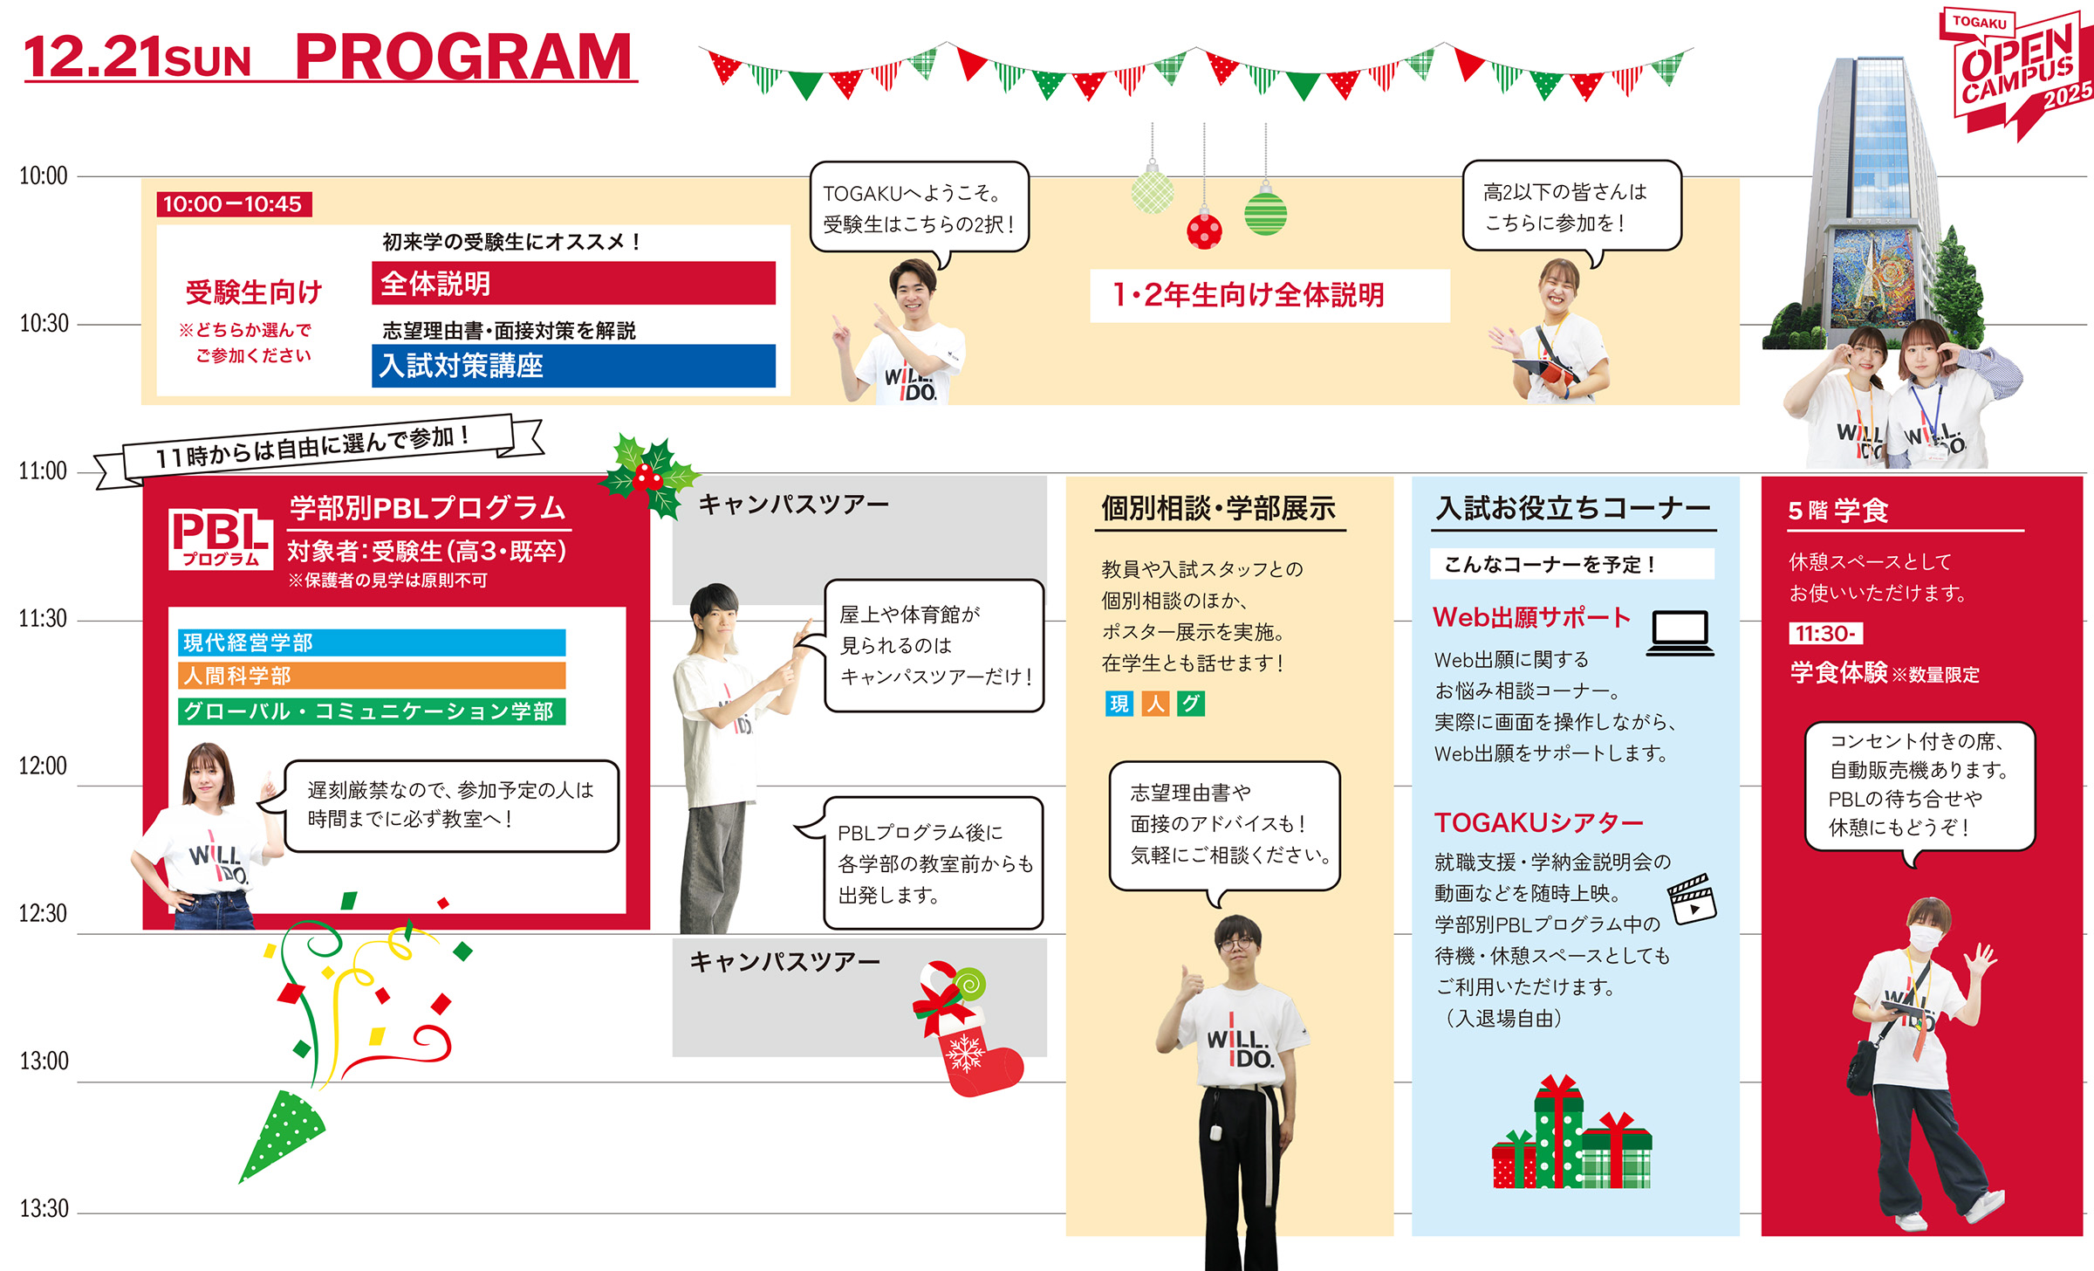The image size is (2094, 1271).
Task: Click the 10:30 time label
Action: tap(44, 324)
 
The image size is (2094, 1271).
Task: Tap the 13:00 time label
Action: tap(44, 1061)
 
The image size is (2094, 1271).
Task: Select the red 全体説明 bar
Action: tap(573, 284)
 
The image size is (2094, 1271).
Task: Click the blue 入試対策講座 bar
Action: tap(573, 366)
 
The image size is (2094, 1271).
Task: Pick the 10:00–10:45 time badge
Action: tap(234, 204)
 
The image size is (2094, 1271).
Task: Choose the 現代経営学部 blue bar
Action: tap(372, 642)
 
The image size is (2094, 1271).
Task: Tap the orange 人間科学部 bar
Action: tap(372, 676)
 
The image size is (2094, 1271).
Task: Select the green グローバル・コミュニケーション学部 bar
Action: tap(372, 711)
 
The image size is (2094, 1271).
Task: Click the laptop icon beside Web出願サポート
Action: tap(1680, 633)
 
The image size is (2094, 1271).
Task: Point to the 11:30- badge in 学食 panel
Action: tap(1825, 634)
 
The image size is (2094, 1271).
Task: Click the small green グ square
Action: tap(1190, 704)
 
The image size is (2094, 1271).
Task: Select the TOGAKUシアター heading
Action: tap(1539, 822)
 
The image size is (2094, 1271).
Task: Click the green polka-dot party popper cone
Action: tap(281, 1135)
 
